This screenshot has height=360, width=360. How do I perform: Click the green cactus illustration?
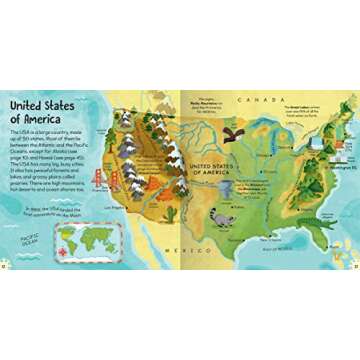pyautogui.click(x=170, y=215)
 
